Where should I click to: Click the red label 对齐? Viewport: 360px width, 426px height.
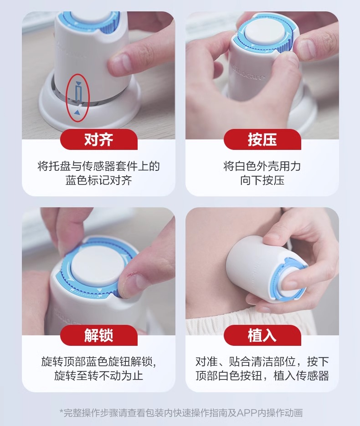point(98,139)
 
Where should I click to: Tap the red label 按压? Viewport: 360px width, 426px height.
point(262,139)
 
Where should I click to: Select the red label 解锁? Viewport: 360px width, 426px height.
point(98,335)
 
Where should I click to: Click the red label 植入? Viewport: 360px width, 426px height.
point(262,335)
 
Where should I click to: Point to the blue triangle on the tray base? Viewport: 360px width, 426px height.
point(77,112)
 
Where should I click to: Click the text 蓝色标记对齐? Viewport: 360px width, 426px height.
point(98,180)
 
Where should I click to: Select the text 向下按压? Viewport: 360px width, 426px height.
point(262,180)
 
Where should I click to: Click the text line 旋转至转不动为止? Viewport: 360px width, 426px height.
point(98,376)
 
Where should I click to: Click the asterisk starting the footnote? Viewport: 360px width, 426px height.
point(62,411)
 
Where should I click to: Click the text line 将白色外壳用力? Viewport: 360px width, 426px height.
point(262,166)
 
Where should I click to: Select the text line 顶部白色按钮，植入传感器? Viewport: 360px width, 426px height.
point(262,376)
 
